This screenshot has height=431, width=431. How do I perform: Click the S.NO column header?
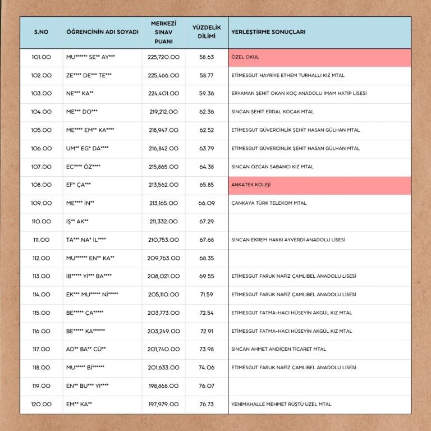[x=41, y=33]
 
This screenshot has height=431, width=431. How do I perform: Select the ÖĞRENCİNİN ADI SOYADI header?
[x=102, y=33]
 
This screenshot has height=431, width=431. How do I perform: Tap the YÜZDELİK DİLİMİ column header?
[x=207, y=32]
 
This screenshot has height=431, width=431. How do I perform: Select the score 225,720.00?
[x=164, y=57]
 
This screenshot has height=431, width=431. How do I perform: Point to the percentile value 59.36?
[x=207, y=94]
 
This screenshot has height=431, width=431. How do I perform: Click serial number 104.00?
[x=41, y=112]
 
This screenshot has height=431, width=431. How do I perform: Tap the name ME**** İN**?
[x=80, y=203]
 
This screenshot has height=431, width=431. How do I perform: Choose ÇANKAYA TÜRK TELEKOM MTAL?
[x=269, y=203]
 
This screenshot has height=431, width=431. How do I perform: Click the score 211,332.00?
[x=164, y=222]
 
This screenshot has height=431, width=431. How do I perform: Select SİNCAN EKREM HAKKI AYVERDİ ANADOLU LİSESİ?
[x=288, y=240]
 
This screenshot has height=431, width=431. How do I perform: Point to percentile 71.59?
[x=207, y=295]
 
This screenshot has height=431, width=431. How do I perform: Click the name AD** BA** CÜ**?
[x=86, y=349]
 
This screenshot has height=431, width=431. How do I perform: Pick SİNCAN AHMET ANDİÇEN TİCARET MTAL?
[x=278, y=349]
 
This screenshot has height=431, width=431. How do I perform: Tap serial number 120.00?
[x=41, y=404]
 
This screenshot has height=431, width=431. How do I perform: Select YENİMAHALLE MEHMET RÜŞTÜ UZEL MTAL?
[x=281, y=404]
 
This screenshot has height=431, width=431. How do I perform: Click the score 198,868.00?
[x=164, y=386]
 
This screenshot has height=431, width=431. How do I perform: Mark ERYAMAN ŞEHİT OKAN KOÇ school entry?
[x=299, y=94]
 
